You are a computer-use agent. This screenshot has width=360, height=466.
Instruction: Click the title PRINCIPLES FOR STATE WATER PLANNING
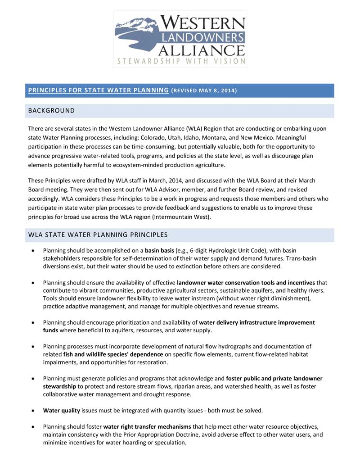(98, 90)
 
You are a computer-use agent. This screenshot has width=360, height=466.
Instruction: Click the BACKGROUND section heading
(51, 111)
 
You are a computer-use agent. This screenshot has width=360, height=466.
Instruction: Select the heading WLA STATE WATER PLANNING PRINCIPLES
(98, 235)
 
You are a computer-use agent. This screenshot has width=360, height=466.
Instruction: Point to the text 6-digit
(202, 250)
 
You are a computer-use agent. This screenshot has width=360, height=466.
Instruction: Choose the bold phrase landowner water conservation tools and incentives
(246, 283)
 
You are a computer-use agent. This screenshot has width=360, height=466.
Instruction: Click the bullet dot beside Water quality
(33, 411)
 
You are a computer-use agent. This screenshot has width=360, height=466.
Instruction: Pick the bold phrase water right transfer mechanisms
(147, 427)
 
